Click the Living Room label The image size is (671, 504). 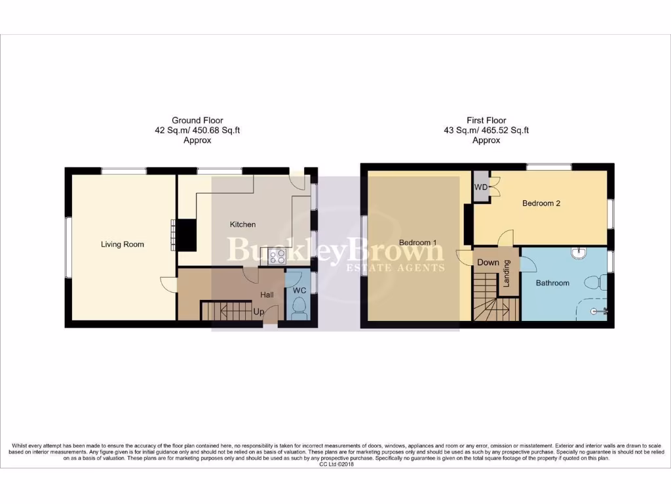point(123,245)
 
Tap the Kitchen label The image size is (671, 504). point(242,224)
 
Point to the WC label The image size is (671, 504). point(299,290)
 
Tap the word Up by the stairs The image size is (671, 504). point(259,312)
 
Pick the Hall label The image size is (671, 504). point(267,295)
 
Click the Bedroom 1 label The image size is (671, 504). point(417,243)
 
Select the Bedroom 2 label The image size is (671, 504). point(541,203)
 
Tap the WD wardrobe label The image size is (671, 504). point(481,187)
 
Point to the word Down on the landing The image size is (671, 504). point(488,262)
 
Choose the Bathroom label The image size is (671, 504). point(552,283)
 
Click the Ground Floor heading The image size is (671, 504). point(197,120)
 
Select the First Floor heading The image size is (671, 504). point(486,120)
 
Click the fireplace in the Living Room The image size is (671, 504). point(187,234)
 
